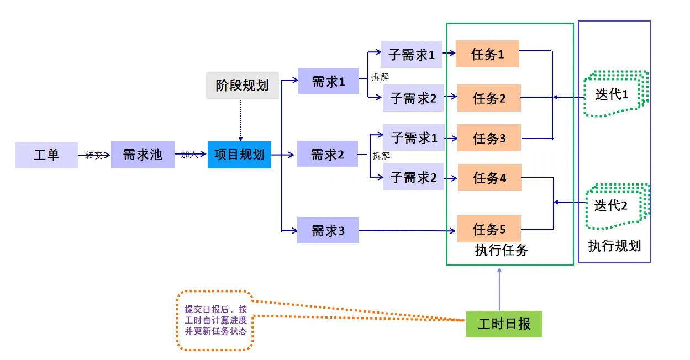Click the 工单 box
point(46,155)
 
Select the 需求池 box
point(143,155)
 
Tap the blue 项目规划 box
point(239,155)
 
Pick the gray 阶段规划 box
point(242,85)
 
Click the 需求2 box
point(327,155)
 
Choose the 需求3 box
point(328,230)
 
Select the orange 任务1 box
point(487,54)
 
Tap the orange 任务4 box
point(489,178)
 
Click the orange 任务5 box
point(489,229)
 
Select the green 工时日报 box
point(504,324)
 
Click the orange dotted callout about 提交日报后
point(215,320)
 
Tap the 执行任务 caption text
point(501,251)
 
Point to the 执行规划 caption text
point(614,246)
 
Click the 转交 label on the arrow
point(94,156)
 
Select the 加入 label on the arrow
point(189,155)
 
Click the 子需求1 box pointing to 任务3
point(414,137)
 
